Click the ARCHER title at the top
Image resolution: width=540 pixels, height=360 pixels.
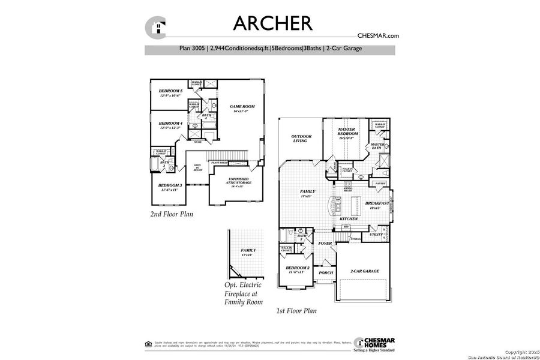[x=272, y=23]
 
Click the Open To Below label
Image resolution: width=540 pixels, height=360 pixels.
[x=197, y=167]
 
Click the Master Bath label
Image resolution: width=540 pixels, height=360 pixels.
[x=377, y=146]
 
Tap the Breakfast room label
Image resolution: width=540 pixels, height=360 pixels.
[x=377, y=205]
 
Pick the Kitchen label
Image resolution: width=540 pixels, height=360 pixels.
[x=349, y=219]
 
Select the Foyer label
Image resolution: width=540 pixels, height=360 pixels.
[x=325, y=243]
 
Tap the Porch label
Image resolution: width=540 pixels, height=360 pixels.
[x=326, y=272]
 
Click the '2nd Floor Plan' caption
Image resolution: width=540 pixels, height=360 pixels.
[x=171, y=213]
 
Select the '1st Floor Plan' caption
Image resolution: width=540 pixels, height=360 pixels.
[x=296, y=311]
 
